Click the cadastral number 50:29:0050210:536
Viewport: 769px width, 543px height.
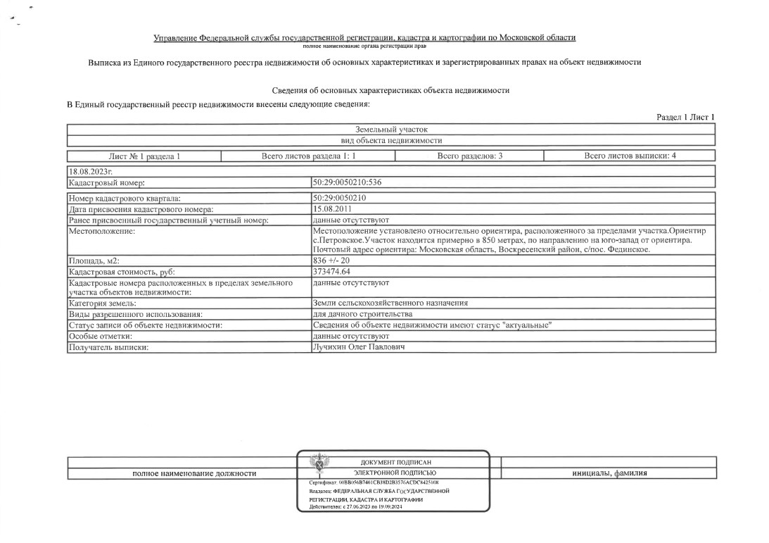[x=348, y=182]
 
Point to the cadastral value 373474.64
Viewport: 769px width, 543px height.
[x=331, y=271]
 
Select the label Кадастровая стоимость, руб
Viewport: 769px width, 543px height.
[x=121, y=272]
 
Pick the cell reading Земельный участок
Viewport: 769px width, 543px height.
[x=390, y=130]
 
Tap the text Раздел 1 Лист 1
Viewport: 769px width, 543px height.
[x=685, y=117]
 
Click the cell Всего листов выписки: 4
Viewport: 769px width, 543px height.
[x=630, y=156]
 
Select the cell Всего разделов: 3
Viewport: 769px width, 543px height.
[x=469, y=156]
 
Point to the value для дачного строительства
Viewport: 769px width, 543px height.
[x=362, y=313]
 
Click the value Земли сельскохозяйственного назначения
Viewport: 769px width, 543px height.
[x=390, y=303]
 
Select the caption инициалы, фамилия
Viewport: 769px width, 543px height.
[x=609, y=473]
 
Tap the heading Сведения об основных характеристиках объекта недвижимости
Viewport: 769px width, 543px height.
[x=390, y=91]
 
